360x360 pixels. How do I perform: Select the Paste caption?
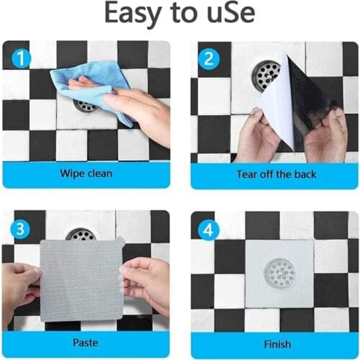(86, 343)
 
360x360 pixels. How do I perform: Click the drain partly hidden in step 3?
(81, 234)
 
